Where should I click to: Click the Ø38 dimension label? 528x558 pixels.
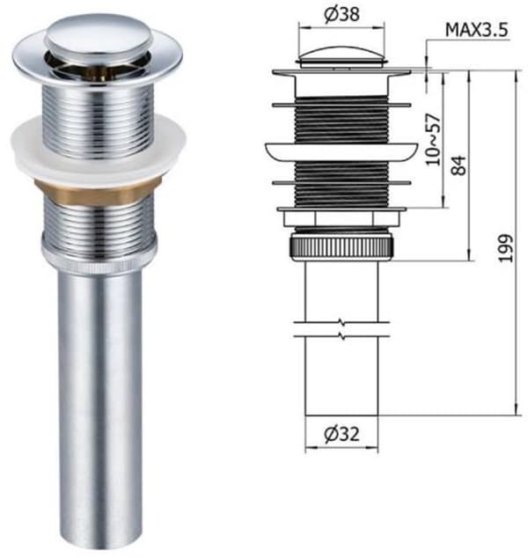(342, 15)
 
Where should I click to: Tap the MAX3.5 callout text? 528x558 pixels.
(477, 30)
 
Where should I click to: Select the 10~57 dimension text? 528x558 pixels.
(433, 140)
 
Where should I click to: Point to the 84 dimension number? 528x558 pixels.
(459, 165)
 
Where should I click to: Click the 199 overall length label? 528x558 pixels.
(506, 248)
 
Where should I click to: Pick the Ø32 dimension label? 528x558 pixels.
(342, 434)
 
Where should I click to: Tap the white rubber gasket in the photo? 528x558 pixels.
(99, 150)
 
